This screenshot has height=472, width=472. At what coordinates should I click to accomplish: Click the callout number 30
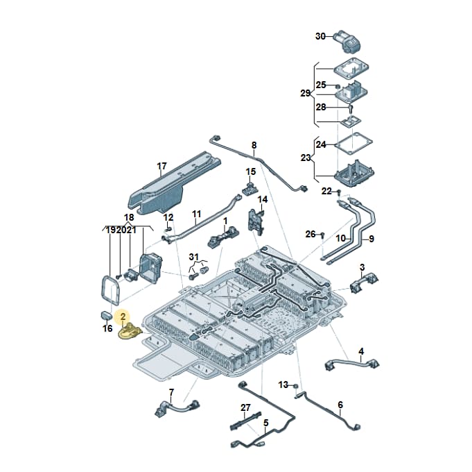320,37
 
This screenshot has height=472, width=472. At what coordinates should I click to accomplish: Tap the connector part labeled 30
348,42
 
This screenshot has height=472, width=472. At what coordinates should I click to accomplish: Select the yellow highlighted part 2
130,331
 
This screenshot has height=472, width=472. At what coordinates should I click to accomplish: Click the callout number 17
161,166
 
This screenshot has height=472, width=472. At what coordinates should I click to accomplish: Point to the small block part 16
106,316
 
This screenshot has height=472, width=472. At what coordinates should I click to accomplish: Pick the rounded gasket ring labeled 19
110,289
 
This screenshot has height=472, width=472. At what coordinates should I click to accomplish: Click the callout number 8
254,145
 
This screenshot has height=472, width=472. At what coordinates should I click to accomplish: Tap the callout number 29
305,94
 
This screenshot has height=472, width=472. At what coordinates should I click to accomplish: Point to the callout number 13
283,385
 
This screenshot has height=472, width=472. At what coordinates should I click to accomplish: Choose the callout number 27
245,407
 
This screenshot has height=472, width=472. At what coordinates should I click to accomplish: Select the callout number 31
194,257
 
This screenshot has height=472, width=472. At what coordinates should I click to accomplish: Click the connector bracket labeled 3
365,283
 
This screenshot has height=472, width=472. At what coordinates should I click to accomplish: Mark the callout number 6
340,405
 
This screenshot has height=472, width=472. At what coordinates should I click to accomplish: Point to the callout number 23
306,158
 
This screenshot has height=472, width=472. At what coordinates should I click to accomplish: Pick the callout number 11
196,214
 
